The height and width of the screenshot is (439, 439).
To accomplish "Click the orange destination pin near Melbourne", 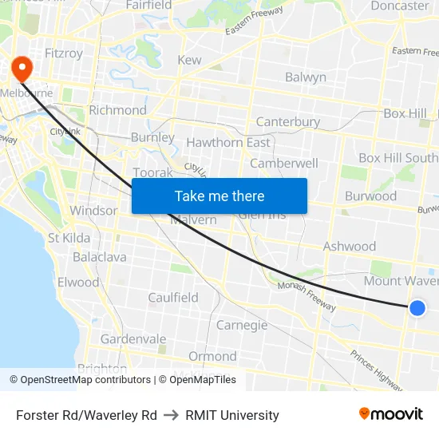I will (x=19, y=68).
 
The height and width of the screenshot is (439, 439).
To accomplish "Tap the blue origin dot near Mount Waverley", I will (x=417, y=307).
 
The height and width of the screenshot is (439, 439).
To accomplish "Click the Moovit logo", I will (x=390, y=414).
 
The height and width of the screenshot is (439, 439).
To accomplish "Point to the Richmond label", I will (x=117, y=110).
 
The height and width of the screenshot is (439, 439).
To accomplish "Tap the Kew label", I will (x=189, y=60).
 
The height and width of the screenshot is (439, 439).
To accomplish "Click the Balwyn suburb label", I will (x=306, y=77).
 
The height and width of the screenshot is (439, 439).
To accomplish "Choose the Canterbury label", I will (x=287, y=122).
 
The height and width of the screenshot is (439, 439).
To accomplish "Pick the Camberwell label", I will (x=284, y=163).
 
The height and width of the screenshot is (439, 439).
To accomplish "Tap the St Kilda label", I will (x=69, y=238).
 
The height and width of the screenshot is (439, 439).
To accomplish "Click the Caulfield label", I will (x=173, y=298).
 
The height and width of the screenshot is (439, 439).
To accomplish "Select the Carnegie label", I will (x=242, y=325).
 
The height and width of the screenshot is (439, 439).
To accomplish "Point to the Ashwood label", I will (x=349, y=247).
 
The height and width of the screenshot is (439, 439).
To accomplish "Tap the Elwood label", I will (x=78, y=283).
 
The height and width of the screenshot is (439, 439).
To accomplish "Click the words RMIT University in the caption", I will (x=232, y=415).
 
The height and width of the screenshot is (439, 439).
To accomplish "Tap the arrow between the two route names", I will (x=171, y=415).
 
